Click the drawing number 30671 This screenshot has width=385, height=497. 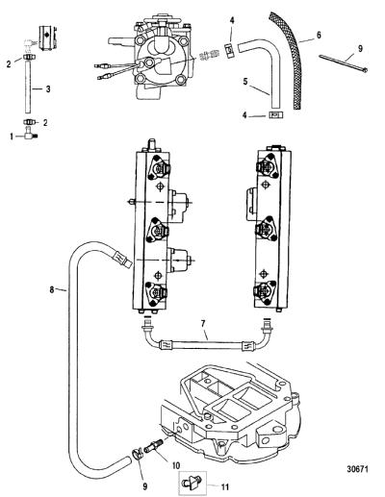pos(357,469)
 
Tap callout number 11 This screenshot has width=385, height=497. pos(225,486)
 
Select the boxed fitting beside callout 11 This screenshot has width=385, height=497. pos(192,483)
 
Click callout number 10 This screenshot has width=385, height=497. pos(176,465)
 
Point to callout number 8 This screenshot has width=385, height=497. pos(52,290)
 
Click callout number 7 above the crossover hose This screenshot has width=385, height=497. pos(203,324)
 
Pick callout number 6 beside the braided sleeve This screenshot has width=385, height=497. pos(319,35)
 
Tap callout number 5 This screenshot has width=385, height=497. pos(245,82)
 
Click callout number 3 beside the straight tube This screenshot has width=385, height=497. pos(48,89)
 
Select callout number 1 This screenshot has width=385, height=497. pos(12,137)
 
